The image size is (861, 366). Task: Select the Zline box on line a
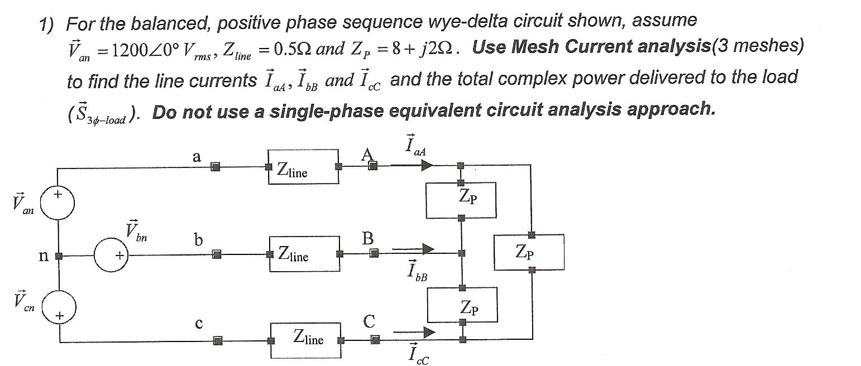click(x=303, y=166)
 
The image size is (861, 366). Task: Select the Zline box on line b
click(x=305, y=254)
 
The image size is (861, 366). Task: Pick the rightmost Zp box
click(x=529, y=252)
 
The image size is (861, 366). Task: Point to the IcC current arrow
click(x=414, y=333)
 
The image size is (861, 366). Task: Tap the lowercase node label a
click(x=196, y=157)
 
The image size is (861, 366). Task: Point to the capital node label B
click(x=367, y=239)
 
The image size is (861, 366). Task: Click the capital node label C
click(x=369, y=322)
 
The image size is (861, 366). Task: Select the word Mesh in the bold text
click(x=537, y=46)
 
